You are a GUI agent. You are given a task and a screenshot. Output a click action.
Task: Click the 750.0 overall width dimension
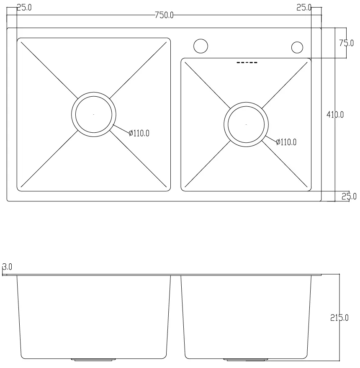[164, 15]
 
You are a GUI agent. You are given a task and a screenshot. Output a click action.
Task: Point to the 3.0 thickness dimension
[8, 267]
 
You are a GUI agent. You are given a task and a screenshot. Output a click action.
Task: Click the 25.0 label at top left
[24, 8]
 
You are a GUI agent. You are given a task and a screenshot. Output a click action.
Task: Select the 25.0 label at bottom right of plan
[349, 196]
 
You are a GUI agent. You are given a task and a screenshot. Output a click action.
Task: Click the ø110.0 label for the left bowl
[139, 133]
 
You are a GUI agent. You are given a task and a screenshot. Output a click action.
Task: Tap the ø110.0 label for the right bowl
[286, 142]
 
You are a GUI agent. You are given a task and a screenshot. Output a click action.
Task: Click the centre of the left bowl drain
[93, 114]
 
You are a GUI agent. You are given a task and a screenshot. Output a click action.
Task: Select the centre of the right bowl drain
[246, 125]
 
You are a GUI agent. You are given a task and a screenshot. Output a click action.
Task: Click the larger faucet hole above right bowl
[201, 46]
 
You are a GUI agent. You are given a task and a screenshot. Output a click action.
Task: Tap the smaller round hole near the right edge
[297, 47]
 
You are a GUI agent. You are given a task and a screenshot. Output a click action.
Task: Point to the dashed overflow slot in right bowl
[247, 63]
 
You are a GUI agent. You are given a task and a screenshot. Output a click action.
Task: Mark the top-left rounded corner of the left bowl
[19, 40]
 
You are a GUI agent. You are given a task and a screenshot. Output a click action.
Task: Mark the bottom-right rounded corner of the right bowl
[309, 189]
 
